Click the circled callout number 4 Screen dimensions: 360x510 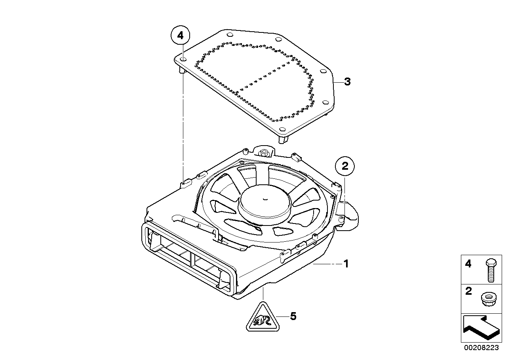point(180,36)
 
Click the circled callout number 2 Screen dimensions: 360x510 point(345,167)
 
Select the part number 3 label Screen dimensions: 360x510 point(347,82)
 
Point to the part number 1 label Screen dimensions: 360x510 point(346,263)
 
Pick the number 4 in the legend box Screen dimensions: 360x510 point(468,264)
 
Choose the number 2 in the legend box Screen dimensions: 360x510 point(468,292)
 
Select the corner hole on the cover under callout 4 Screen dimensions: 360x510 point(183,59)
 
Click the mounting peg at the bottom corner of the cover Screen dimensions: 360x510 point(284,139)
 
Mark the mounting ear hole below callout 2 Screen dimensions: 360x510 point(341,218)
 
